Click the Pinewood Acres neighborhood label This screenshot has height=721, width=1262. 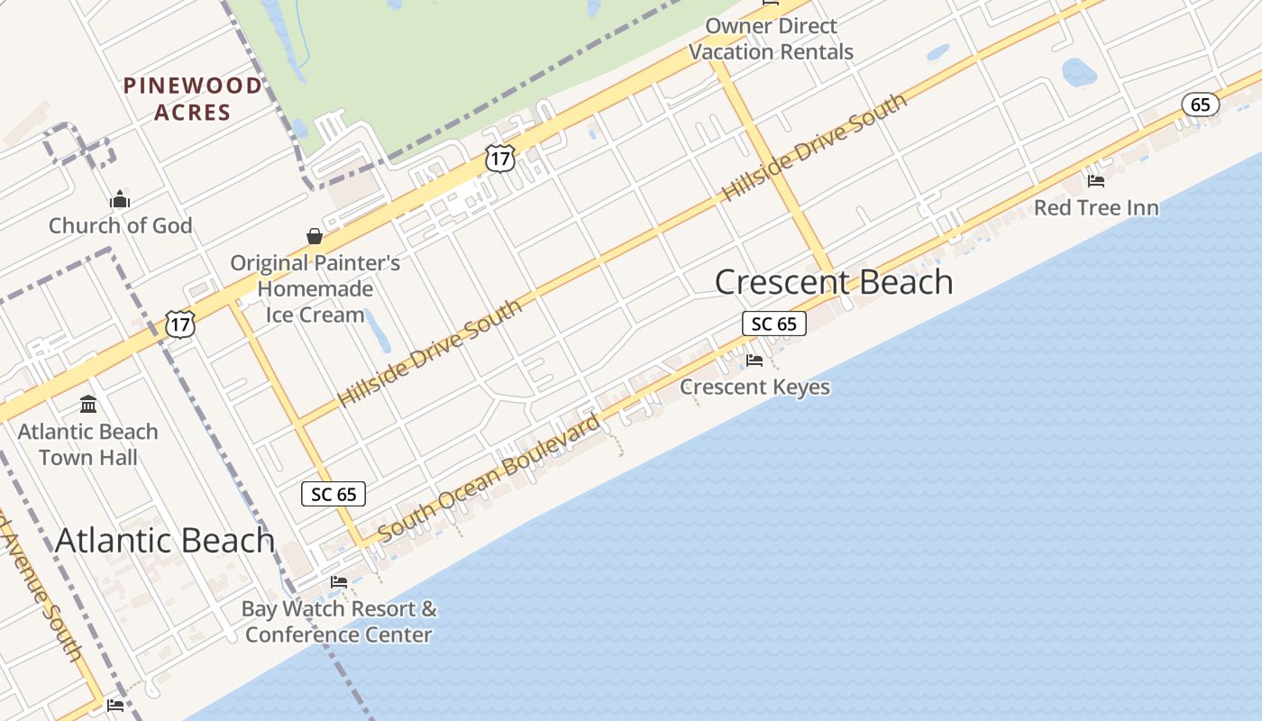(192, 99)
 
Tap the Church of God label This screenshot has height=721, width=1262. (120, 225)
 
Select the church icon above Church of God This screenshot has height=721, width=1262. (120, 200)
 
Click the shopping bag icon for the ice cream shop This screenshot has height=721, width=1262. (315, 236)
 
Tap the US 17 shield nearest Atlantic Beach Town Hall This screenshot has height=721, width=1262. (180, 324)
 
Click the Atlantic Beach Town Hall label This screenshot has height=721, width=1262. (88, 444)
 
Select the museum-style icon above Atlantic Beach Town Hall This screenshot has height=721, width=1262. (88, 404)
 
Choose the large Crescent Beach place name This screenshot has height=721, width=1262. (834, 282)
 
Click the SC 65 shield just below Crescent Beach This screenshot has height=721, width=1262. (773, 324)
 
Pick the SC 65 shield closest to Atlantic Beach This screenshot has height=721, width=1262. (334, 494)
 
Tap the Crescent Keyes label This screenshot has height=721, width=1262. (754, 387)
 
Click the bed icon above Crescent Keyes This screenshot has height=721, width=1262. (754, 360)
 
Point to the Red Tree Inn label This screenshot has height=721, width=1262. (1096, 208)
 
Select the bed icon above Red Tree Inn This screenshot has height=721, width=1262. (1096, 181)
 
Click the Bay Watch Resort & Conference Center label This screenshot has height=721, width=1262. (339, 622)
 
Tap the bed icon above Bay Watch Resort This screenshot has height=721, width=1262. (339, 582)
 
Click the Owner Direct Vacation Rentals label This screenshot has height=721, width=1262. (771, 39)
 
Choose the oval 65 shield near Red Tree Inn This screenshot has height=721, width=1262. (1201, 105)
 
